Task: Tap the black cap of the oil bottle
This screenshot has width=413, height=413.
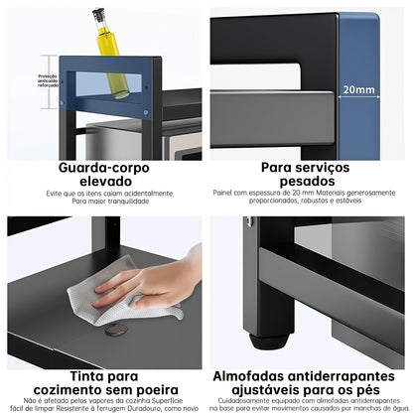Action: tap(98, 15)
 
